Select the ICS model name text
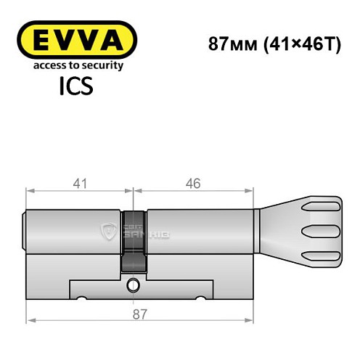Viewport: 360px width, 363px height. (x=75, y=87)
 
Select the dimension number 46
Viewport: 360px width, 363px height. (x=193, y=184)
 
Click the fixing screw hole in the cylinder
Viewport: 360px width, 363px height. (x=133, y=284)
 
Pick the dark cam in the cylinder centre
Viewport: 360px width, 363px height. (x=133, y=240)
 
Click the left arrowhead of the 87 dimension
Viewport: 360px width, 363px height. (x=30, y=319)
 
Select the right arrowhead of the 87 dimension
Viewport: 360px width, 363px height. (x=252, y=319)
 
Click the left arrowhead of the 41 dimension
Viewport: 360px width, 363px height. (x=30, y=192)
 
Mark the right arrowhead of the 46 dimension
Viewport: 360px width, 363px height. (x=252, y=192)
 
